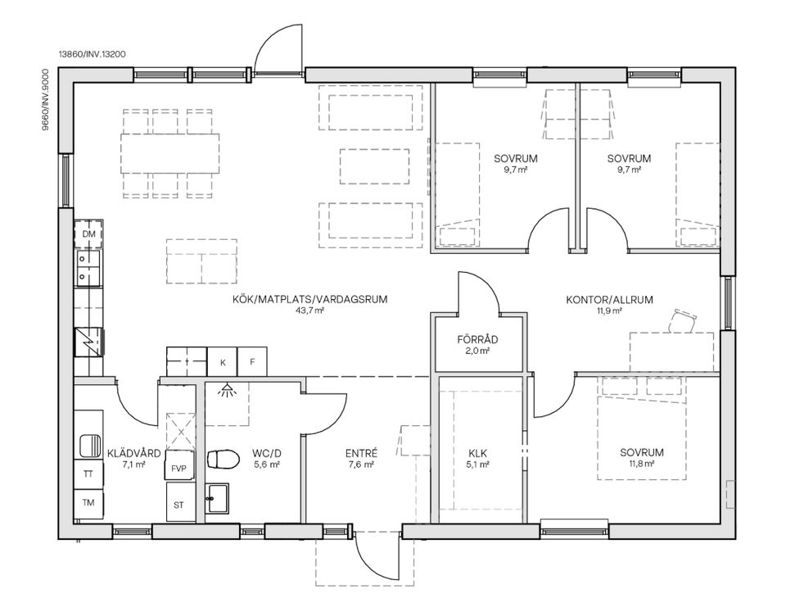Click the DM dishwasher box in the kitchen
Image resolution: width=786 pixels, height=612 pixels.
pos(88,234)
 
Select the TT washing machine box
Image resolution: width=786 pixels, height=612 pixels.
pos(88,474)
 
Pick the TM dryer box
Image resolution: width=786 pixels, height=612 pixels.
pos(88,503)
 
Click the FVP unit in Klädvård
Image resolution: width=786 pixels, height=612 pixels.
pos(179,469)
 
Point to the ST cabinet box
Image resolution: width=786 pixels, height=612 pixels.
pos(179,505)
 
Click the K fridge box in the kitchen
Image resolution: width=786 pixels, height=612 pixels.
pos(223,361)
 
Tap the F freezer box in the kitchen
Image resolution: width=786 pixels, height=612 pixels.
pos(252,361)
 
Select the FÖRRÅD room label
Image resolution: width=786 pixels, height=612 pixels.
pos(477,340)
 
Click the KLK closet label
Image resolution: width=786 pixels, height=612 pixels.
pos(477,454)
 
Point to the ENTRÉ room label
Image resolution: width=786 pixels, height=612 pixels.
pos(361,454)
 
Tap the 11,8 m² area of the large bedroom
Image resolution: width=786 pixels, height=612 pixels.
pos(642,464)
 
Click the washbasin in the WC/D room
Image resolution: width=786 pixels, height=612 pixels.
pos(218,498)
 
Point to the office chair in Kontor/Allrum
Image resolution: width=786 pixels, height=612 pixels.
pos(683,320)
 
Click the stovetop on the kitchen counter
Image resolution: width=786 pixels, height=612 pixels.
pos(88,341)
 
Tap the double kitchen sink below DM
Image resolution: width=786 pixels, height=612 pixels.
pos(88,267)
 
